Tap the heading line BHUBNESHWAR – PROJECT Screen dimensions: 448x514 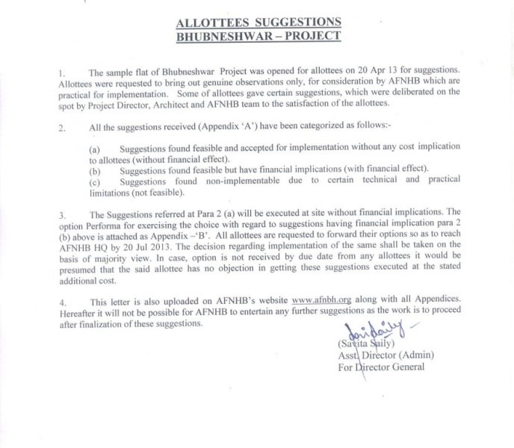257,35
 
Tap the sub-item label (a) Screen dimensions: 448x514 93,149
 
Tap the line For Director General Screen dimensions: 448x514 380,367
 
